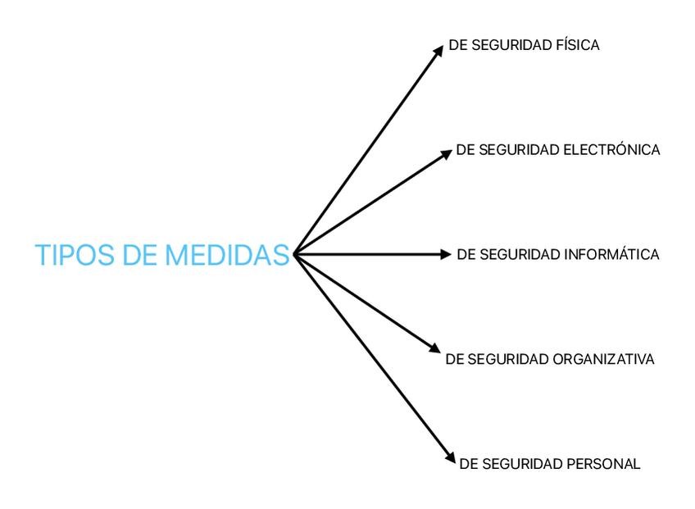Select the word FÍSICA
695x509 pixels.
pyautogui.click(x=578, y=46)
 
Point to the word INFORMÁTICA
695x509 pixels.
pyautogui.click(x=612, y=255)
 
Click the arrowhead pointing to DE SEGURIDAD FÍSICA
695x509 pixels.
pyautogui.click(x=438, y=51)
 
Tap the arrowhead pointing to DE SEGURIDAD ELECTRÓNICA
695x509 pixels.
pyautogui.click(x=447, y=152)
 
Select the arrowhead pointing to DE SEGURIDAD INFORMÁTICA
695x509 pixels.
pyautogui.click(x=446, y=254)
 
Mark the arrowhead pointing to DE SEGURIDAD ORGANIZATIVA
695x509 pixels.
pyautogui.click(x=435, y=348)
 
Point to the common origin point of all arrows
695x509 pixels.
pyautogui.click(x=294, y=254)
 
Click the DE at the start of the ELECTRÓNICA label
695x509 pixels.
pyautogui.click(x=465, y=150)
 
